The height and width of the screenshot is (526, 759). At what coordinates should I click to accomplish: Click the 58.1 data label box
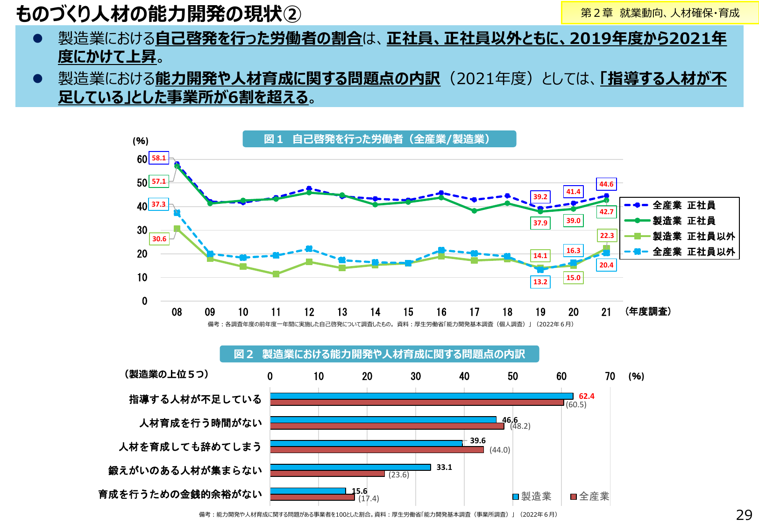pos(159,158)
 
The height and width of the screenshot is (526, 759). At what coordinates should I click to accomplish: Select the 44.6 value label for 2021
pos(606,184)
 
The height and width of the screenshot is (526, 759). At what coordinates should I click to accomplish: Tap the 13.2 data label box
pos(540,282)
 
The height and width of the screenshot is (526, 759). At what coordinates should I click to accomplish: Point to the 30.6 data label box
pos(159,239)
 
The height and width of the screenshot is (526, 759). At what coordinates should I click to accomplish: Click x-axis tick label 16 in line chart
pos(441,312)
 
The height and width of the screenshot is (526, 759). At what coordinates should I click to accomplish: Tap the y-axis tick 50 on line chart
pos(142,183)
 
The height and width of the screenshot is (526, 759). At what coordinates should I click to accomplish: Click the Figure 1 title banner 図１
pos(379,139)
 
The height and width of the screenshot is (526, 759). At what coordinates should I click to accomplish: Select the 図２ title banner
pos(379,354)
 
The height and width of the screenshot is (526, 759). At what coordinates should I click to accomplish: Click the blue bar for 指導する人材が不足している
pos(421,396)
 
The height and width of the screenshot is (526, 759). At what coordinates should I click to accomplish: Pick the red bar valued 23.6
pos(327,474)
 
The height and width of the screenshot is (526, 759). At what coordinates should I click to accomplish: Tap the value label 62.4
pos(586,396)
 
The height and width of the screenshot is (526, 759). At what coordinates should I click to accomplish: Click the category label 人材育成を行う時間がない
pos(200,423)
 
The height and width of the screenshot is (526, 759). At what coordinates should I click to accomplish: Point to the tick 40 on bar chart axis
pos(464,376)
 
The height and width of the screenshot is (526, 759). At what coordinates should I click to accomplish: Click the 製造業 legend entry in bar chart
pos(532,497)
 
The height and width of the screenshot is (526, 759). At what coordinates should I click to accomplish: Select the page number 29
pos(744,515)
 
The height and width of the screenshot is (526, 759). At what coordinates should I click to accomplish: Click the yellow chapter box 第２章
pos(660,13)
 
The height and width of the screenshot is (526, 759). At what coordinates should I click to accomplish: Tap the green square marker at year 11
pos(276,274)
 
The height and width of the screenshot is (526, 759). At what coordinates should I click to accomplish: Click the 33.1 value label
pos(444,467)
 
